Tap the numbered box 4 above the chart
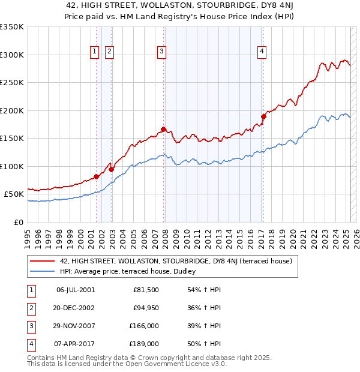pos(262,52)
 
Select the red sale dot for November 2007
pos(163,129)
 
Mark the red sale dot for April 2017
pos(263,116)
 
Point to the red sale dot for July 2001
pos(96,176)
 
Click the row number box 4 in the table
pos(29,344)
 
